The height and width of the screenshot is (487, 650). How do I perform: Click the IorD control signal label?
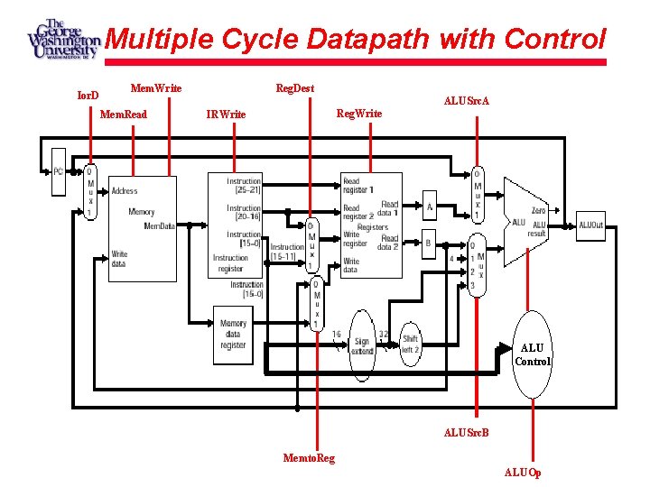click(x=88, y=94)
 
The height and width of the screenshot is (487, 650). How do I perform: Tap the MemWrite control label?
click(x=156, y=87)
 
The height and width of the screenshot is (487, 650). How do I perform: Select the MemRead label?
click(x=124, y=115)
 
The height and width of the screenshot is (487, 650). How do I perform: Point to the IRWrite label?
click(x=226, y=115)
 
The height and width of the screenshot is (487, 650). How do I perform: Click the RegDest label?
click(x=295, y=87)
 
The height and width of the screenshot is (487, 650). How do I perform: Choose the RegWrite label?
click(x=359, y=114)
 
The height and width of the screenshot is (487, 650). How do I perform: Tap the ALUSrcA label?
click(x=467, y=101)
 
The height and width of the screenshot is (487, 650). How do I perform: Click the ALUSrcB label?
click(x=467, y=433)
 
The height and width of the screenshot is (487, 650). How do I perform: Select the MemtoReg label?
click(x=309, y=458)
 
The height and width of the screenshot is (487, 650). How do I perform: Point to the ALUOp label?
click(x=523, y=472)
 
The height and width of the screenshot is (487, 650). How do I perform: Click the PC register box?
click(x=59, y=171)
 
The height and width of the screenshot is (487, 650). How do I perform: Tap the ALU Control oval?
click(x=533, y=354)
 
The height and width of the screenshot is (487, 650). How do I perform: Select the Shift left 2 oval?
click(x=410, y=344)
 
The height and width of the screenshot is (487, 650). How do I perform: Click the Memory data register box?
click(x=232, y=334)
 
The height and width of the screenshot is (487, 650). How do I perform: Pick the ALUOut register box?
click(x=590, y=225)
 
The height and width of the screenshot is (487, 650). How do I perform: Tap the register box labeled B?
click(x=429, y=243)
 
